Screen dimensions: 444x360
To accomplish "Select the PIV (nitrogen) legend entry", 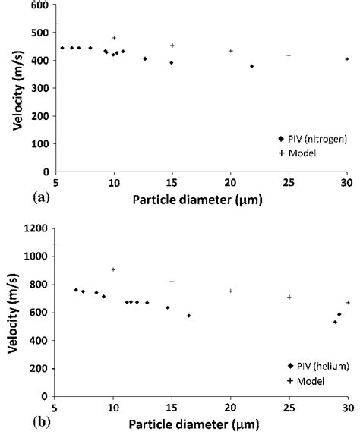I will tap(314, 138).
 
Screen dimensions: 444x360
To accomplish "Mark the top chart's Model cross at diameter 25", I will tap(289, 55).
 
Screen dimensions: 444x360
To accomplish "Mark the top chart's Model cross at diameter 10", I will tap(114, 38).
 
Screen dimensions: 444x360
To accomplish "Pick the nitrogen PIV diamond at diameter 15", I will tap(172, 62).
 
